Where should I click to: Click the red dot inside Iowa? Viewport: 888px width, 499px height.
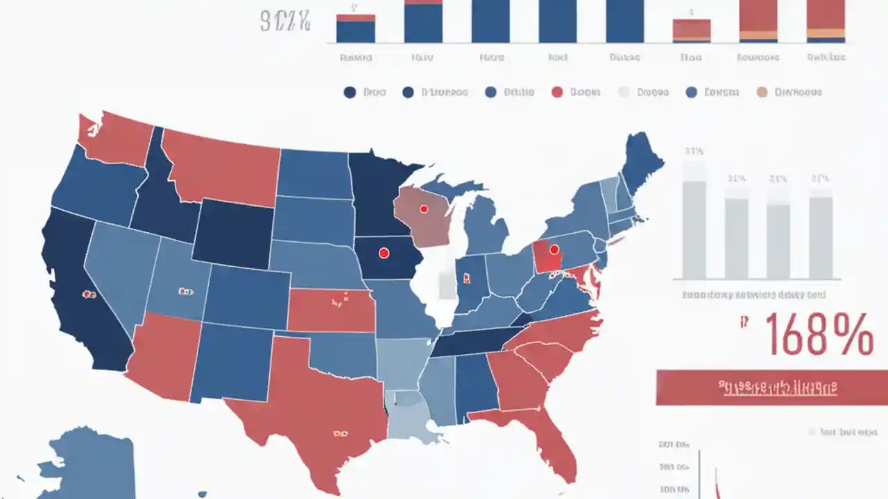384,254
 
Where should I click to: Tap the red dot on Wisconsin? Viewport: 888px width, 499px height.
423,208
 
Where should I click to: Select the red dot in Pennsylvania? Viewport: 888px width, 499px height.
554,249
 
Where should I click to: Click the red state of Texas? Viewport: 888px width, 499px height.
312,402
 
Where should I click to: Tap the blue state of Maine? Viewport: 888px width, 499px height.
642,163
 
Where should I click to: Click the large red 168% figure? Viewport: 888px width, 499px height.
819,335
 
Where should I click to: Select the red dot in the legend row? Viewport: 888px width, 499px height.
556,92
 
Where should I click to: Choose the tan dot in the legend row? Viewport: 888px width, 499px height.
762,92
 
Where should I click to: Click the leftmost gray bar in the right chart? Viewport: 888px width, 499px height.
694,229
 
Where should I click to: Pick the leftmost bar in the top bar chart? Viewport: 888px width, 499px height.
355,28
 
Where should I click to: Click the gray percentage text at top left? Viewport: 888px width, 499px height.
285,21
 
